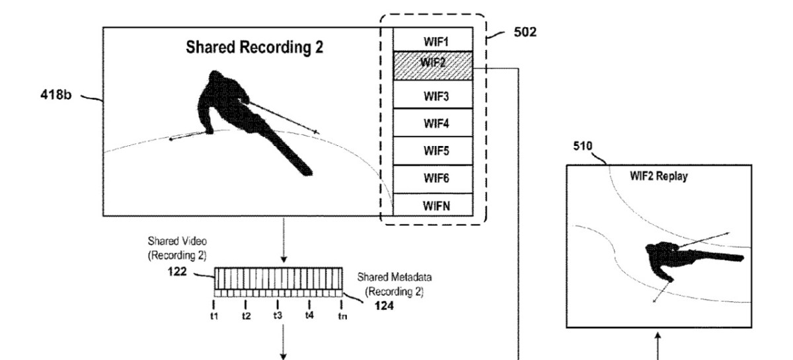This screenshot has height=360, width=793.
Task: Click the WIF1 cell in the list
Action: (x=433, y=40)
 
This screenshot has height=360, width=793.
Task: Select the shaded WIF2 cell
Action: (x=433, y=66)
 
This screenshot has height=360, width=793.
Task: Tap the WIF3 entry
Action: (x=433, y=96)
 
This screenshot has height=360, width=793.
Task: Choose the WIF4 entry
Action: (x=433, y=124)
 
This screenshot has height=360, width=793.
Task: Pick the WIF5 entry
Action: (x=433, y=151)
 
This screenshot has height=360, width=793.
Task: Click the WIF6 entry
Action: (x=433, y=178)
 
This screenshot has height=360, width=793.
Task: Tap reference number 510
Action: (x=583, y=147)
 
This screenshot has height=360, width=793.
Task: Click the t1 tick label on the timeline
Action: (x=214, y=315)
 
